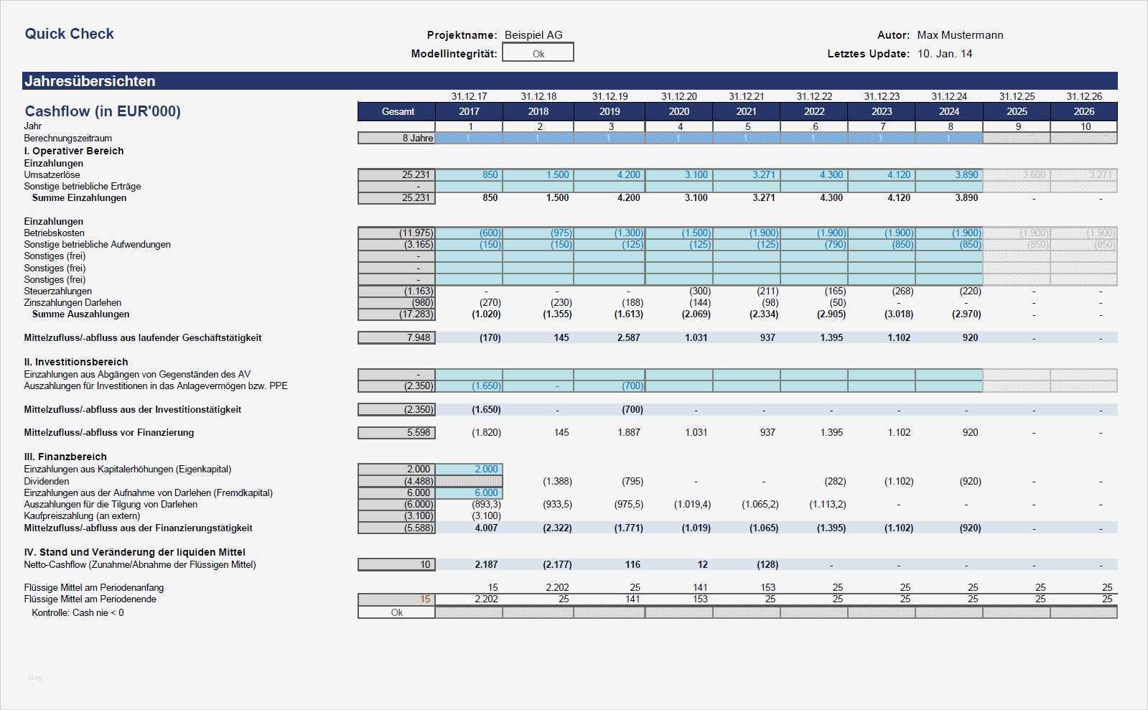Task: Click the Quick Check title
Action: tap(69, 34)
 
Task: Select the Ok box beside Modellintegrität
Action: tap(538, 53)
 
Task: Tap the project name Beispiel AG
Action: tap(533, 35)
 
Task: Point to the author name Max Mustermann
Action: tap(960, 35)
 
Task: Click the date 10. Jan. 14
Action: tap(944, 54)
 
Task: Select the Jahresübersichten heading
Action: tap(90, 81)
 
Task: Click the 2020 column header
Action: tap(678, 111)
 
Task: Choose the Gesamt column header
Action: tap(397, 111)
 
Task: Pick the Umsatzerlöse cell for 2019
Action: tap(610, 174)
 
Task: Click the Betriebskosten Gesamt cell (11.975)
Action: tap(397, 233)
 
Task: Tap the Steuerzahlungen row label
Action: tap(57, 291)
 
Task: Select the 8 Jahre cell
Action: tap(397, 138)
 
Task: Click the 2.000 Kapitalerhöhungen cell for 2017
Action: tap(470, 469)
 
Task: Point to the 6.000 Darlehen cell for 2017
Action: tap(470, 492)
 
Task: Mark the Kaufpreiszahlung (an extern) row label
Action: tap(82, 515)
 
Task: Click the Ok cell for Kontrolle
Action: tap(397, 612)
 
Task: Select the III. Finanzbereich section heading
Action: tap(65, 457)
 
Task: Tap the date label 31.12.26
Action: tap(1083, 96)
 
